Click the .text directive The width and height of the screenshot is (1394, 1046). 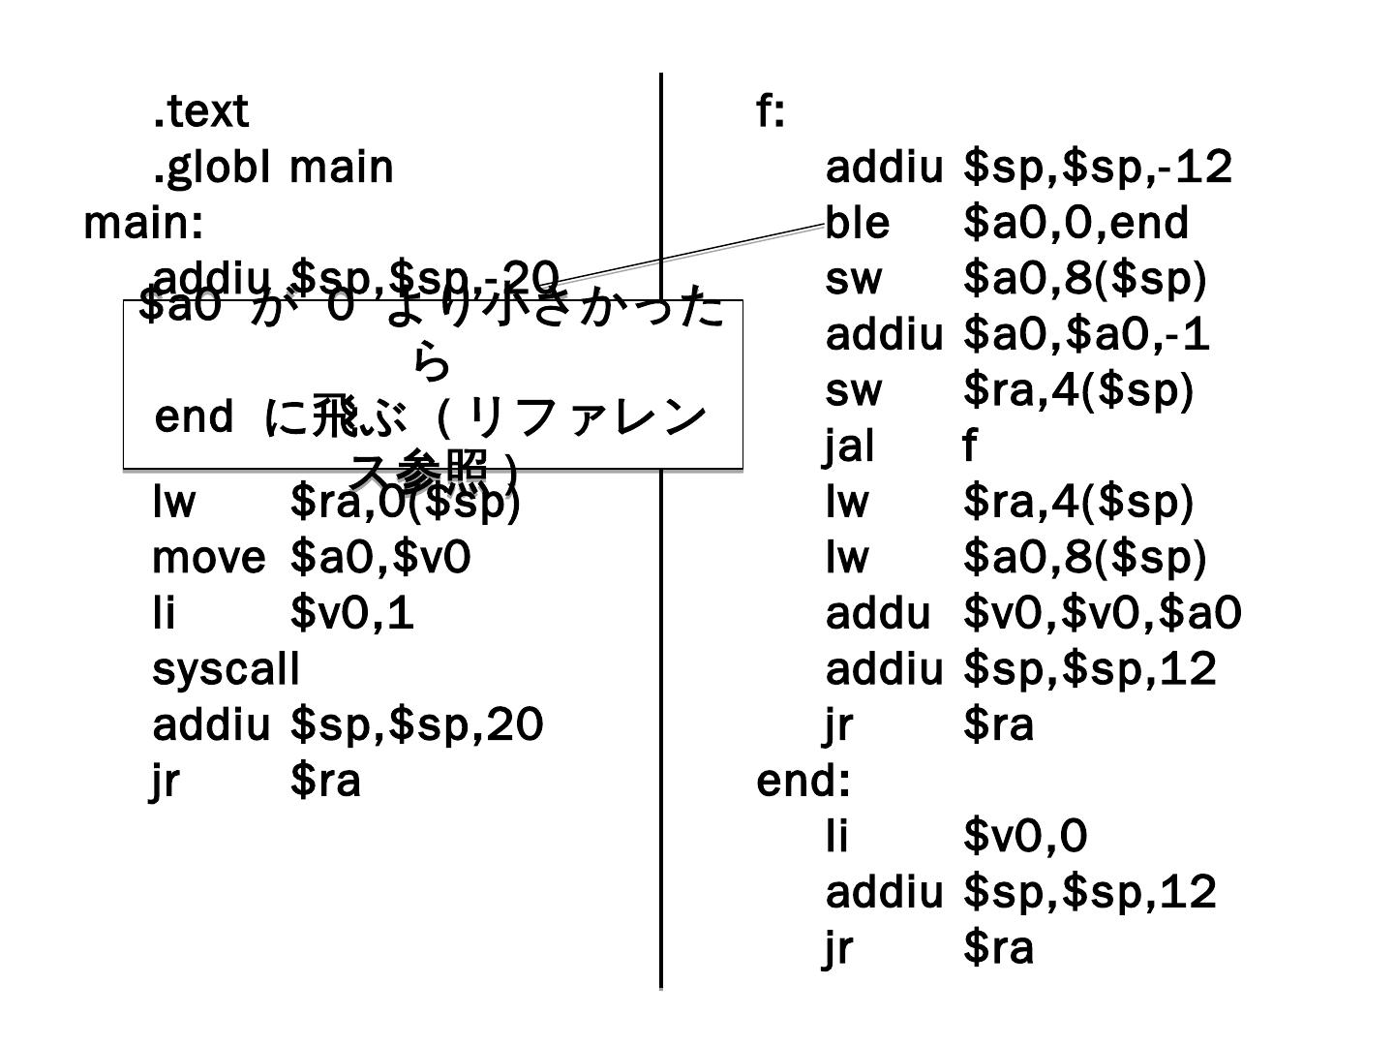click(200, 111)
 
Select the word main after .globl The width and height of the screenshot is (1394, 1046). click(342, 167)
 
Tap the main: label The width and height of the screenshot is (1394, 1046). click(143, 223)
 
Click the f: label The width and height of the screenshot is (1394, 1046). click(770, 111)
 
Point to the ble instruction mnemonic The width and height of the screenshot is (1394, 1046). click(857, 223)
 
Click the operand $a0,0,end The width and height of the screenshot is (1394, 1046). click(1076, 223)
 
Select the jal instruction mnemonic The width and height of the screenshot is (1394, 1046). click(850, 446)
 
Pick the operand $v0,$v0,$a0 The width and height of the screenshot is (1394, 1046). click(1103, 614)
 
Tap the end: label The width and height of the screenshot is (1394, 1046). click(803, 781)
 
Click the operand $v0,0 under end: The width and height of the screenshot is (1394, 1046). click(1025, 837)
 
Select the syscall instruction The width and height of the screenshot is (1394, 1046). click(226, 669)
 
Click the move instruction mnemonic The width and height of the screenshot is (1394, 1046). click(208, 558)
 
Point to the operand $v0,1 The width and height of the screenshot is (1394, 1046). click(352, 614)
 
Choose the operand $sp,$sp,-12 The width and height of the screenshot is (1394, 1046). click(1098, 167)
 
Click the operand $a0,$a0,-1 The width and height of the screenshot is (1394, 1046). click(1086, 335)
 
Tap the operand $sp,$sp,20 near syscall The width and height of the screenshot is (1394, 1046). click(416, 725)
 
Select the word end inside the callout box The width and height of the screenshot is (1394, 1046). click(194, 416)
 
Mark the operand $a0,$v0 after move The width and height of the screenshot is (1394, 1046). click(380, 558)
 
